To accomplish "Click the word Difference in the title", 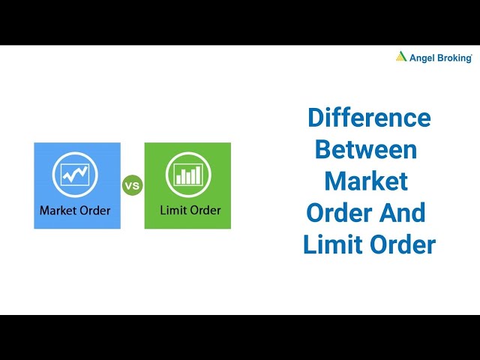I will [x=369, y=118].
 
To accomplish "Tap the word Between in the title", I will [x=365, y=149].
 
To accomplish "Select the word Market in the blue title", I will [x=366, y=181].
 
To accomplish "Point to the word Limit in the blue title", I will [x=328, y=244].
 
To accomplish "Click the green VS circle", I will [x=132, y=185].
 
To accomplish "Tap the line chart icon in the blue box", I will [x=76, y=174].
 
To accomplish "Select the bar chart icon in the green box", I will [x=187, y=174].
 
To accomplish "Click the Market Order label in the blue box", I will [x=75, y=210].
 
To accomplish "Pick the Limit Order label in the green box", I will [x=190, y=210].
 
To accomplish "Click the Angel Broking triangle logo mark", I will [x=402, y=56].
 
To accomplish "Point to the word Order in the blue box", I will [x=94, y=210].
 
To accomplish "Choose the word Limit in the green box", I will [x=172, y=210].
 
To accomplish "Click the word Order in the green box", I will [x=205, y=210].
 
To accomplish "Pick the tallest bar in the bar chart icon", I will [x=198, y=175].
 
